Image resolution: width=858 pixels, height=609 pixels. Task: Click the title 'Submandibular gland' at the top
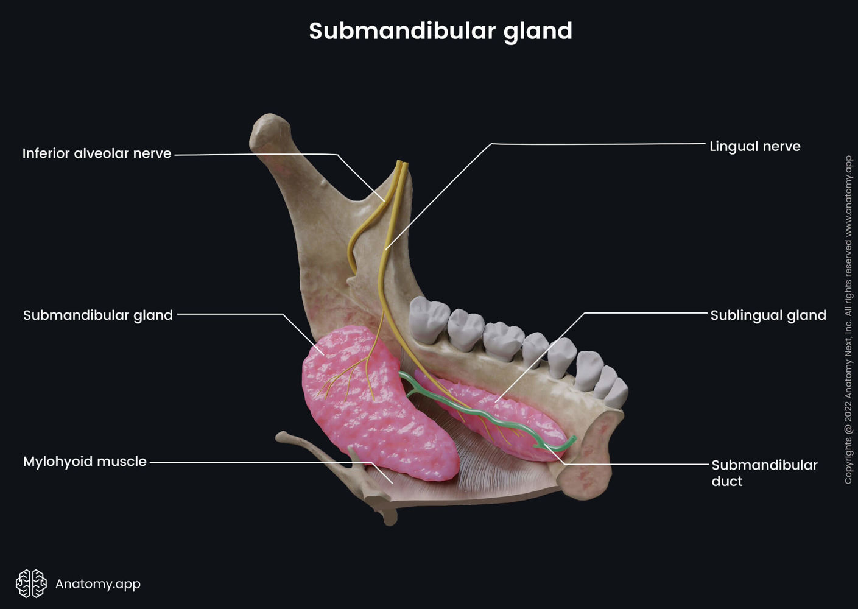pyautogui.click(x=440, y=31)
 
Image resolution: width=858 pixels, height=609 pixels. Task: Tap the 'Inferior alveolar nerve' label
pyautogui.click(x=97, y=153)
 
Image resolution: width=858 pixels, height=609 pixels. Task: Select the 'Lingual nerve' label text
pyautogui.click(x=754, y=146)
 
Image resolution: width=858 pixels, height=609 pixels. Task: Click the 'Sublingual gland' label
pyautogui.click(x=768, y=315)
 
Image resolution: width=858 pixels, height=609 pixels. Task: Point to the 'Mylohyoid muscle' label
pyautogui.click(x=85, y=462)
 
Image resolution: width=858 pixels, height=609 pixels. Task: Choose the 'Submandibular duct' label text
pyautogui.click(x=764, y=473)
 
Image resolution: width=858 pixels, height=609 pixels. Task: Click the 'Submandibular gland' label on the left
pyautogui.click(x=98, y=315)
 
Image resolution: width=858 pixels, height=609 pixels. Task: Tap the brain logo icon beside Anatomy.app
pyautogui.click(x=31, y=583)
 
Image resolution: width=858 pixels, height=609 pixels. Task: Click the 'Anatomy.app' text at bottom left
pyautogui.click(x=97, y=583)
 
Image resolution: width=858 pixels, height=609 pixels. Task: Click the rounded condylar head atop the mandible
pyautogui.click(x=270, y=131)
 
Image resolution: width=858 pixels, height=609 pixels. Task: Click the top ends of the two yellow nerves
pyautogui.click(x=401, y=164)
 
